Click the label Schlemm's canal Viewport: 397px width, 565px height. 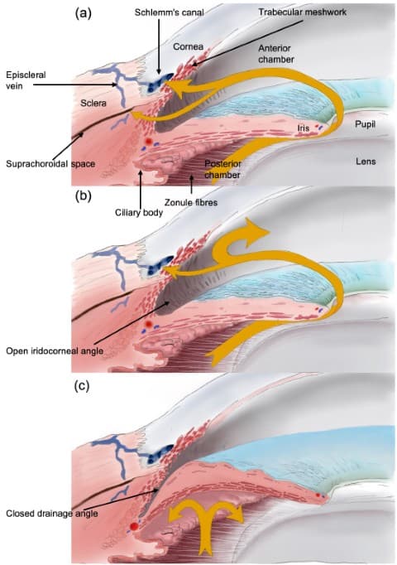coord(169,12)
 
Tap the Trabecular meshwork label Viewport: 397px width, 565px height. coord(303,12)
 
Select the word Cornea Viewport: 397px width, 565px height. coord(188,46)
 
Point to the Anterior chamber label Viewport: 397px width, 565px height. coord(276,54)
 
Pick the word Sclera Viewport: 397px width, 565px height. coord(93,103)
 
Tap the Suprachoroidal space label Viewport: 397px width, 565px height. coord(50,164)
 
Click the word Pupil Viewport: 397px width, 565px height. coord(365,124)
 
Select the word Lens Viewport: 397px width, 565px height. coord(366,162)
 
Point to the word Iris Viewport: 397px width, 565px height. coord(304,128)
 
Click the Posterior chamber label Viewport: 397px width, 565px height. coord(223,169)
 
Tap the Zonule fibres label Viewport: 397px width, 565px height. coord(191,202)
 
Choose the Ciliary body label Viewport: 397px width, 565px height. coord(139,213)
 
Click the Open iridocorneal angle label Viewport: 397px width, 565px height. coord(55,350)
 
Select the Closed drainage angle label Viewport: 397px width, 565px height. coord(52,513)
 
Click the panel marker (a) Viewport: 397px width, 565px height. coord(83,13)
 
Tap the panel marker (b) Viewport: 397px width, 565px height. coord(83,196)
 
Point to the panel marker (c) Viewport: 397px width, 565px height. coord(82,386)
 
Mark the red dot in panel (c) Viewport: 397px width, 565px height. coord(134,526)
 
